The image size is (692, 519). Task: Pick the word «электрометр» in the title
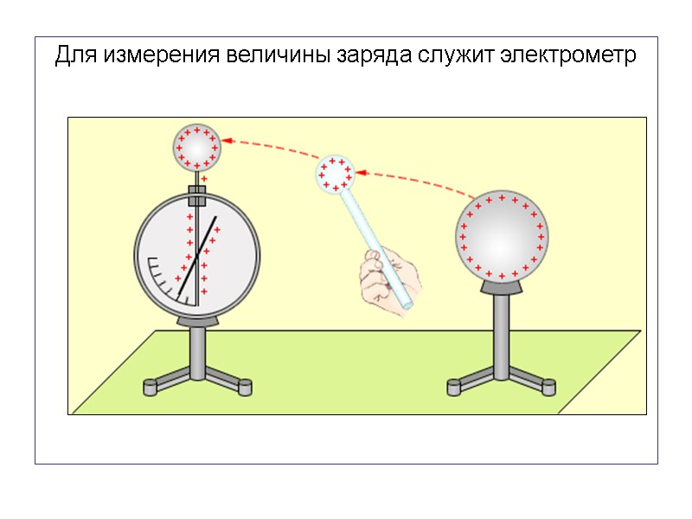569,57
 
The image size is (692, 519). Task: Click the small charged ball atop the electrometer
196,147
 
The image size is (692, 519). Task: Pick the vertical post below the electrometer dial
198,350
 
